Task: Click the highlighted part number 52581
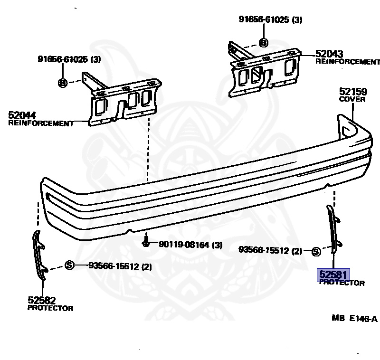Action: point(333,275)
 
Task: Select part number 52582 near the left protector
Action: point(42,300)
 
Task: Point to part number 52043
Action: point(329,54)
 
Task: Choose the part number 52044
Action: point(22,115)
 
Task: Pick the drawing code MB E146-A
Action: point(354,319)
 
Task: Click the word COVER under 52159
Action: point(352,100)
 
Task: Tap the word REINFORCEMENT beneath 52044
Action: point(41,123)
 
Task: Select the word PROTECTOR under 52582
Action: point(50,308)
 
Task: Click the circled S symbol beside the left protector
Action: point(69,265)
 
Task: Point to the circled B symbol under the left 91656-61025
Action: point(62,83)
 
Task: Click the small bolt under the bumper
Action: point(147,242)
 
